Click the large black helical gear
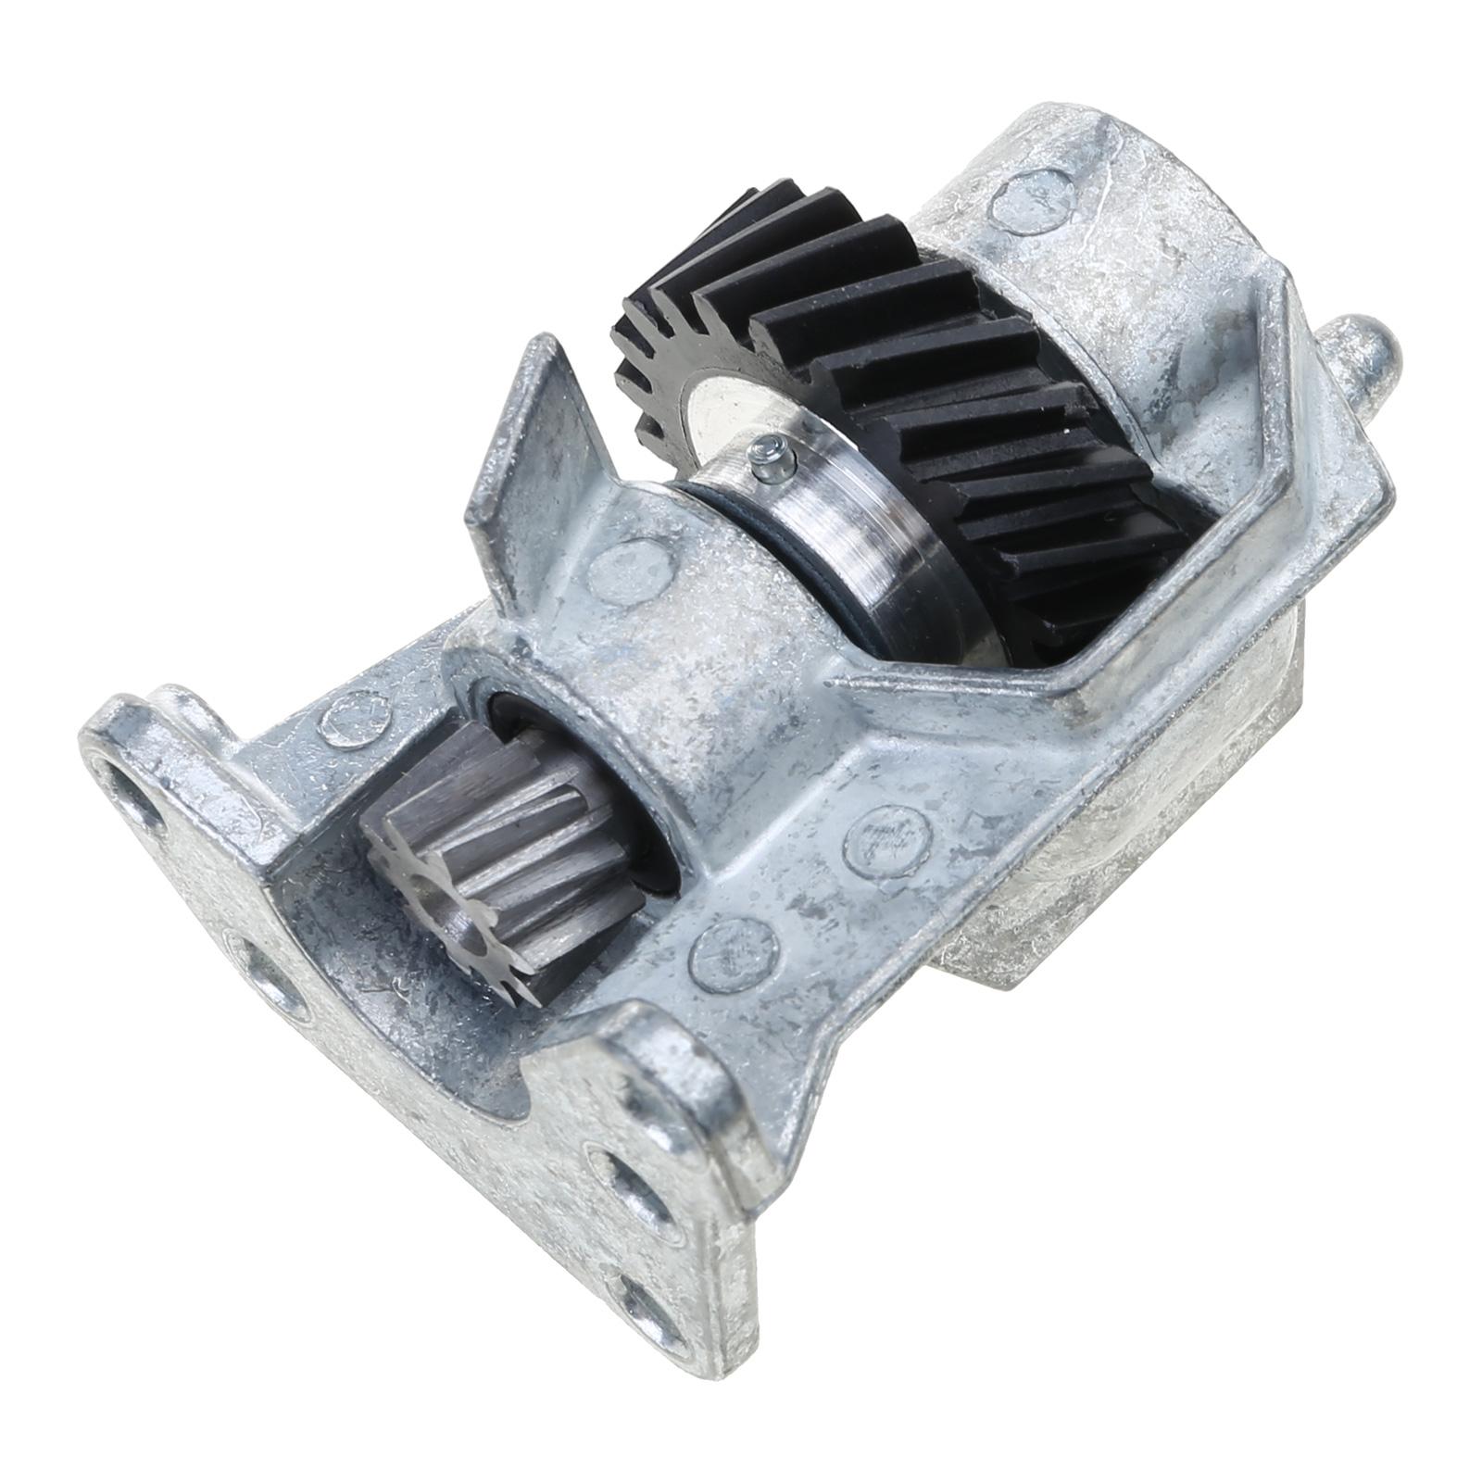point(973,389)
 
